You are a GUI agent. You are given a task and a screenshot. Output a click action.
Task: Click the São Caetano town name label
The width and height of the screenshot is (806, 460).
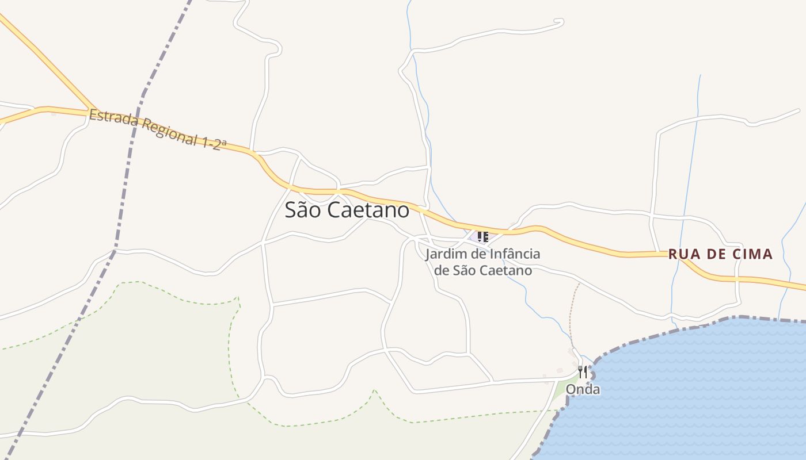(347, 210)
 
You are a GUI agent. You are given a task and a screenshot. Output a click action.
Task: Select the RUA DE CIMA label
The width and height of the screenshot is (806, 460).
(720, 254)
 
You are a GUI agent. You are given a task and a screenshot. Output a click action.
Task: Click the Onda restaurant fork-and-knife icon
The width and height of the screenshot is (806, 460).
(583, 372)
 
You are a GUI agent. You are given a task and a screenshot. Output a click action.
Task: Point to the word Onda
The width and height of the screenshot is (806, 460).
(583, 390)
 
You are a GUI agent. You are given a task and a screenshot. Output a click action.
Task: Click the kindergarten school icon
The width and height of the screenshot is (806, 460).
(482, 236)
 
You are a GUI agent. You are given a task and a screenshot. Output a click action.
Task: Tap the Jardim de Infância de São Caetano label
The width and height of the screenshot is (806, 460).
(482, 262)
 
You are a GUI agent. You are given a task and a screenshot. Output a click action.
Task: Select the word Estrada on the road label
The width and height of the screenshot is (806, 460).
(113, 119)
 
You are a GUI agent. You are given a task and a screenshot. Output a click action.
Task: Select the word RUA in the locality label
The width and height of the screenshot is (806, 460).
(683, 254)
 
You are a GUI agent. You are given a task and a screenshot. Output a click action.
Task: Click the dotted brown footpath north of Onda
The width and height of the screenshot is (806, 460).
(571, 313)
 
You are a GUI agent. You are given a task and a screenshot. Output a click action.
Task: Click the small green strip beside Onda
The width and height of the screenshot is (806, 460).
(560, 391)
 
